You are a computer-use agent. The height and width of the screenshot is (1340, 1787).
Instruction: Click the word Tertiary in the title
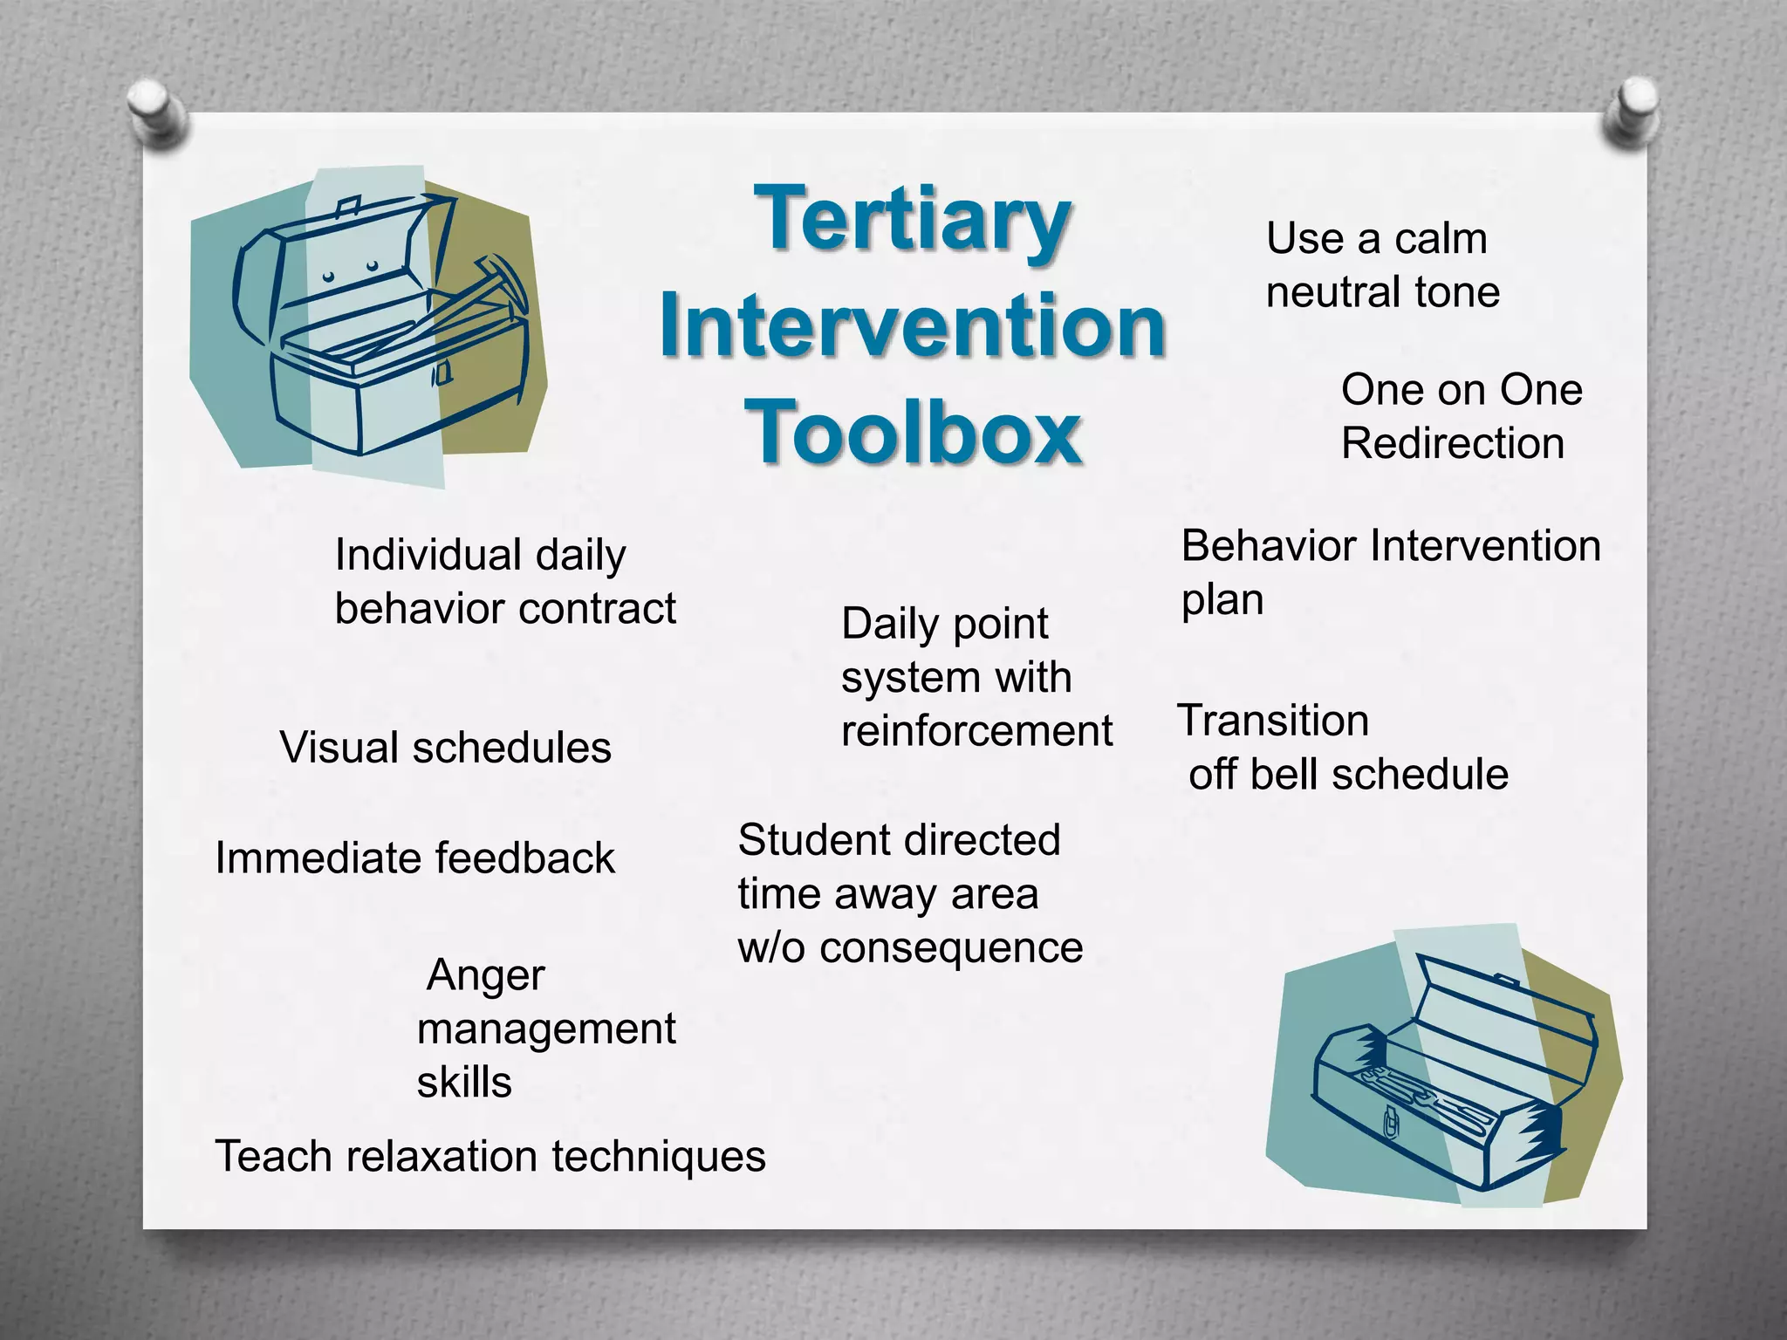point(912,221)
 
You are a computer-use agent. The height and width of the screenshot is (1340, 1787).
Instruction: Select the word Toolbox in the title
point(914,433)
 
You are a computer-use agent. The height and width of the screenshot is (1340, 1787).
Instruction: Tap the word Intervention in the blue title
point(913,327)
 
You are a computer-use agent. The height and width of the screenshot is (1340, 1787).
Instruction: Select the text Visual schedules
point(445,748)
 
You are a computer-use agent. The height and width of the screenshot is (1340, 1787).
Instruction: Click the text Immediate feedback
point(414,858)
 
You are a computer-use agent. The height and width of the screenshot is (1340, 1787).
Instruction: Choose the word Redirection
point(1452,443)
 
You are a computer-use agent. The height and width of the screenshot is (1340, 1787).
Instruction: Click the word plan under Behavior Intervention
point(1222,600)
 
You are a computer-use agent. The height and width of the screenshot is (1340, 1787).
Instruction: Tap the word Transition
point(1273,721)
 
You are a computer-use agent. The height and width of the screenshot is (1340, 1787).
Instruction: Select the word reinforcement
point(976,730)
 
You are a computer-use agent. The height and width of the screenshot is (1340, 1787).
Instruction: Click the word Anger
point(485,975)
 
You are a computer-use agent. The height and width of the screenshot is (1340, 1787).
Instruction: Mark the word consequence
point(951,947)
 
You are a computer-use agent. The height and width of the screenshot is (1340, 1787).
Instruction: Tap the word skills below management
point(463,1083)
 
